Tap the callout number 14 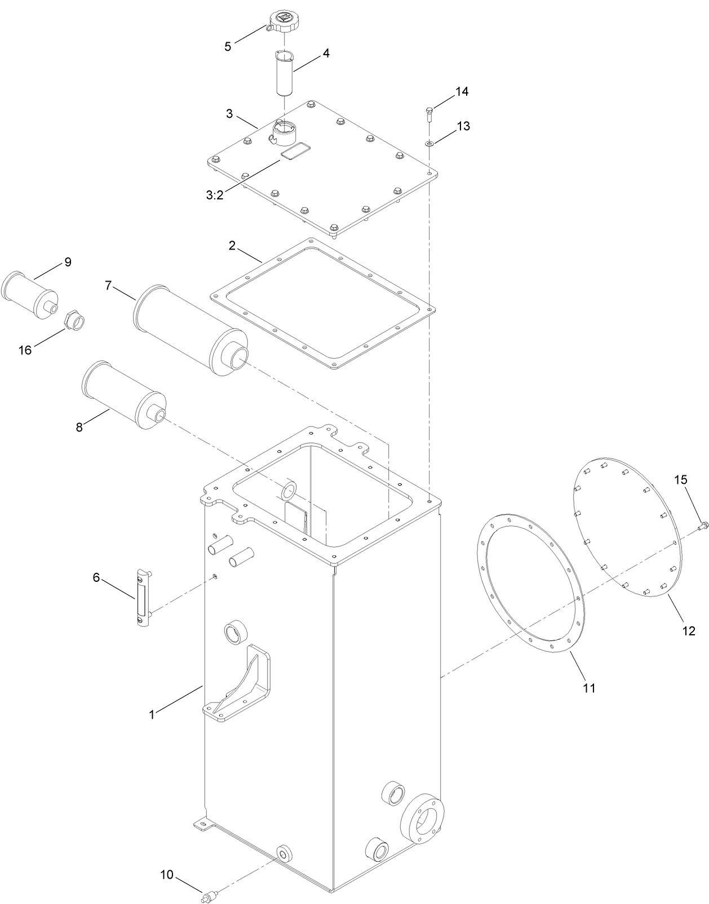(x=462, y=91)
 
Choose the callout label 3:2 (x=215, y=195)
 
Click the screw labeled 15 (x=702, y=526)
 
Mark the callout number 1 (x=152, y=715)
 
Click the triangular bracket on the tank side (x=242, y=684)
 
